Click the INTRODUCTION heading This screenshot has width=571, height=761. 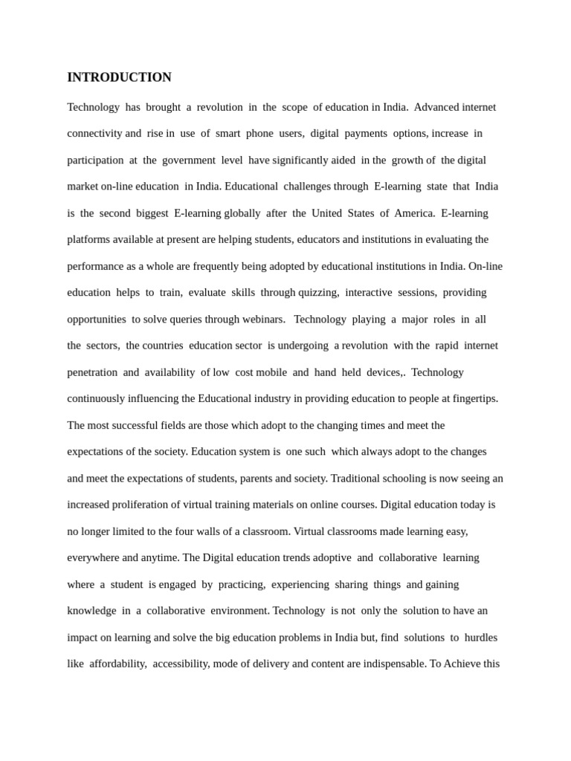point(119,77)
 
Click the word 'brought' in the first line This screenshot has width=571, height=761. point(163,107)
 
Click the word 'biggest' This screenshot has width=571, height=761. point(152,213)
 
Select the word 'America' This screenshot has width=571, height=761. point(414,213)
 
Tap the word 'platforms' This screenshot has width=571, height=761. point(90,240)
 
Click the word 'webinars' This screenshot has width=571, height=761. point(263,320)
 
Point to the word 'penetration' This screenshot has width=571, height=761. point(92,372)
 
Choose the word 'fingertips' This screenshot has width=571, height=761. point(470,399)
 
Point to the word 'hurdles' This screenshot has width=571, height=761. point(480,638)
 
